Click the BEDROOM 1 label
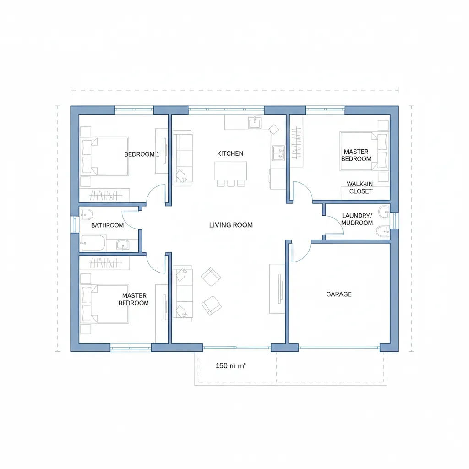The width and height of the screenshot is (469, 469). click(x=142, y=154)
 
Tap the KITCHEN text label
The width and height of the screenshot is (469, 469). click(x=230, y=153)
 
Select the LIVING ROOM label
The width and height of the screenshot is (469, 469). click(x=231, y=225)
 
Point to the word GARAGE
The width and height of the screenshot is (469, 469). click(x=339, y=294)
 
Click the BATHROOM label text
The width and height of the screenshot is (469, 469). click(x=107, y=225)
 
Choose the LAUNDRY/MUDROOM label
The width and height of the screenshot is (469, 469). click(x=357, y=219)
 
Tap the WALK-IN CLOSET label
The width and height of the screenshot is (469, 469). click(x=360, y=187)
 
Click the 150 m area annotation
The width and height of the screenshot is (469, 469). click(x=231, y=365)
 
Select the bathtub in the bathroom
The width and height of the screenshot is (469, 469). click(x=93, y=243)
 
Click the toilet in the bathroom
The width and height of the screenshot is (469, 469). click(x=87, y=214)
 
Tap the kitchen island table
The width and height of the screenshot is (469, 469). click(x=231, y=171)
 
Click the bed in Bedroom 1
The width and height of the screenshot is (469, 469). click(x=105, y=156)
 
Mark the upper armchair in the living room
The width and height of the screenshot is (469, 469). click(x=211, y=277)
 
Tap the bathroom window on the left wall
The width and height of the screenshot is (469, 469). click(x=75, y=224)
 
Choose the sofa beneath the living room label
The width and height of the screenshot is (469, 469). click(x=183, y=293)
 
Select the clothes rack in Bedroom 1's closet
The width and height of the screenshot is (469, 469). click(x=106, y=196)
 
